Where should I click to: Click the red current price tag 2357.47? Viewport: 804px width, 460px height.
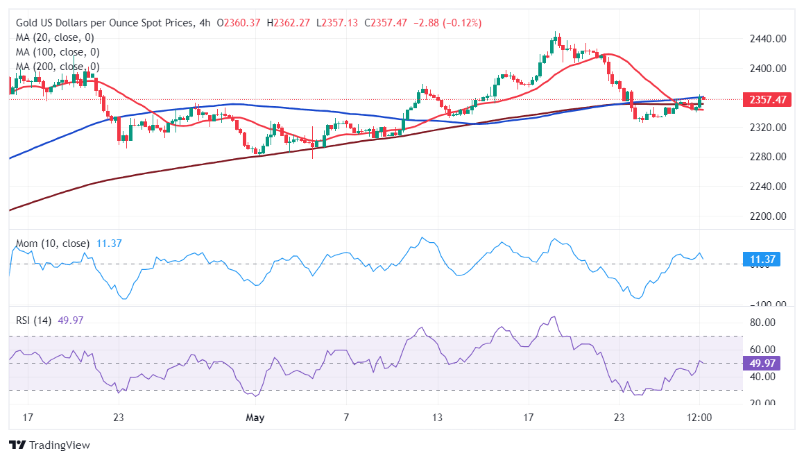click(767, 99)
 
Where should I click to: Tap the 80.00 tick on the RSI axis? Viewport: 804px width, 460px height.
click(762, 323)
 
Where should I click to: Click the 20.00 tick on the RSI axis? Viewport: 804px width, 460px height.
click(762, 403)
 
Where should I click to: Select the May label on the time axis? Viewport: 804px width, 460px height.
click(256, 418)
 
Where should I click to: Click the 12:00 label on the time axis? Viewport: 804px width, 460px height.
click(699, 418)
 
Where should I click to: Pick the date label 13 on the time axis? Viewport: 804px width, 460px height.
click(436, 418)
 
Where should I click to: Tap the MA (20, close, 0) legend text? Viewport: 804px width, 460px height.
click(55, 37)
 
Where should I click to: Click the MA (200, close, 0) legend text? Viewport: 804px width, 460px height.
click(58, 67)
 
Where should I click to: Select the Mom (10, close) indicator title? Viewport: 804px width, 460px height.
click(53, 244)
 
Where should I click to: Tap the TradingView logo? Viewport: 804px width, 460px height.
click(49, 445)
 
